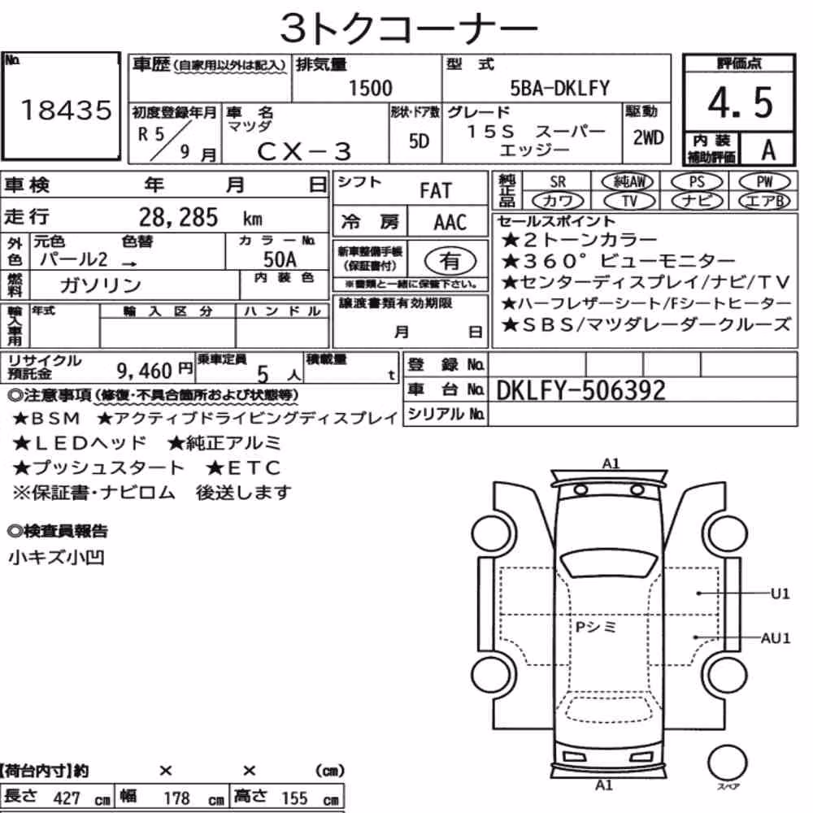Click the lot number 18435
[x=66, y=110]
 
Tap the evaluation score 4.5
[x=741, y=102]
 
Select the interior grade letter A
[x=768, y=150]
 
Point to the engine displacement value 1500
[x=370, y=88]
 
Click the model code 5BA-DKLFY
[x=559, y=88]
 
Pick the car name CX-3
[x=304, y=151]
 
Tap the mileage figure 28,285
[x=178, y=217]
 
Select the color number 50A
[x=280, y=259]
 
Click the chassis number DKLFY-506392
[x=580, y=390]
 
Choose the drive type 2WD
[x=648, y=137]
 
